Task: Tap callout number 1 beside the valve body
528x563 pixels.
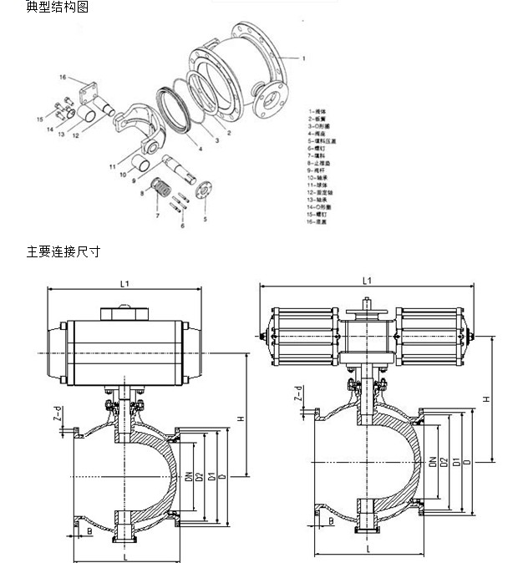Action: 303,59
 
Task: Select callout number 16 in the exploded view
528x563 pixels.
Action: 61,78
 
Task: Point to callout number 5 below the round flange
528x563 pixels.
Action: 205,219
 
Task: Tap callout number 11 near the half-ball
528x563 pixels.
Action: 111,167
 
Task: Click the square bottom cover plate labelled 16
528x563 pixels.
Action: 84,89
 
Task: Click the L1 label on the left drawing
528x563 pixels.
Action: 124,284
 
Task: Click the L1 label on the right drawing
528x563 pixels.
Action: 366,281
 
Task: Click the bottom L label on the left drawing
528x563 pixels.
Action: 124,556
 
